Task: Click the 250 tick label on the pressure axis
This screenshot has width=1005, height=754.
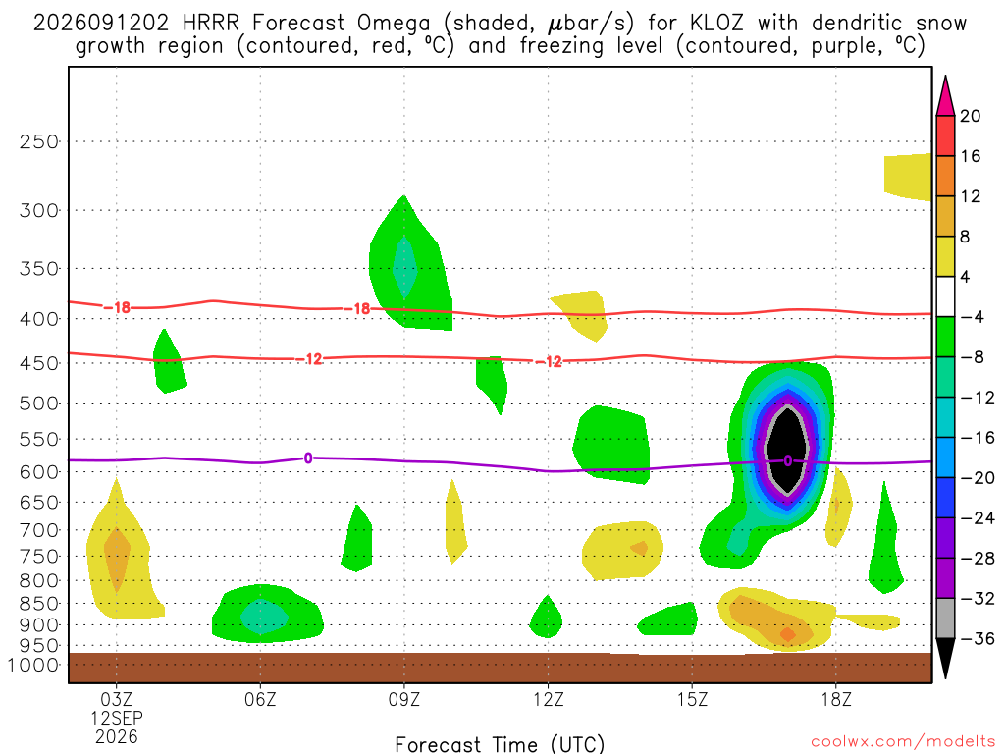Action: [x=39, y=141]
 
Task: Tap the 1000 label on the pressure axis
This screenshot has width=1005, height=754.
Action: [x=34, y=665]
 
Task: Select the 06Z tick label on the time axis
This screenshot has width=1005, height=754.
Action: [x=260, y=699]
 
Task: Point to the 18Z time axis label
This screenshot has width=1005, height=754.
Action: [x=836, y=699]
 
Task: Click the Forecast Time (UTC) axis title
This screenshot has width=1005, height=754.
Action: [x=500, y=744]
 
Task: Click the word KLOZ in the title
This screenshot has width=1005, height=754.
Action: [x=716, y=24]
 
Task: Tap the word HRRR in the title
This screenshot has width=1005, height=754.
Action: [x=210, y=24]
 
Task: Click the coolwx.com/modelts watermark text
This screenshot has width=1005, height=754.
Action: [x=903, y=742]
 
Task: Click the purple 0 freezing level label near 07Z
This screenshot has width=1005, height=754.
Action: [x=308, y=458]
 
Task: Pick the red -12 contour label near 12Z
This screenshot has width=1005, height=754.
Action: [x=549, y=362]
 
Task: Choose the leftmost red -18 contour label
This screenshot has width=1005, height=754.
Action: [x=117, y=308]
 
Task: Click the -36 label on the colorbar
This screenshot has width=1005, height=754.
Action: [x=978, y=638]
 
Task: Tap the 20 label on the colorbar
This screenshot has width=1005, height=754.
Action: [x=970, y=116]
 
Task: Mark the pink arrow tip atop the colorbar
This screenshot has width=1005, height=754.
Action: [x=945, y=77]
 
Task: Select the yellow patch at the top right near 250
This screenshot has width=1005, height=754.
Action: [x=908, y=177]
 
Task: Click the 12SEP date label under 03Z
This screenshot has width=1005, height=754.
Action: [x=117, y=718]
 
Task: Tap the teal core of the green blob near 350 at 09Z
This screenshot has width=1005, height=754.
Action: [x=404, y=267]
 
